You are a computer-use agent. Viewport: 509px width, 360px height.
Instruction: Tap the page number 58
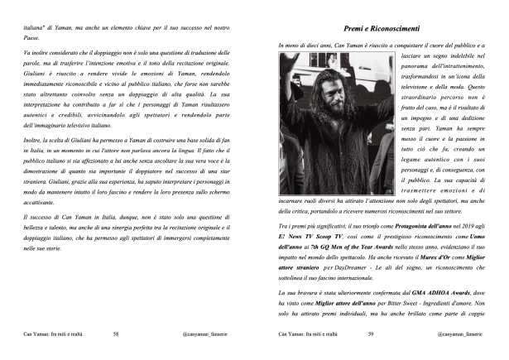pyautogui.click(x=117, y=335)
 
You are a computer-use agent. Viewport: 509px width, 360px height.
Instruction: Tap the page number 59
pyautogui.click(x=372, y=335)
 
